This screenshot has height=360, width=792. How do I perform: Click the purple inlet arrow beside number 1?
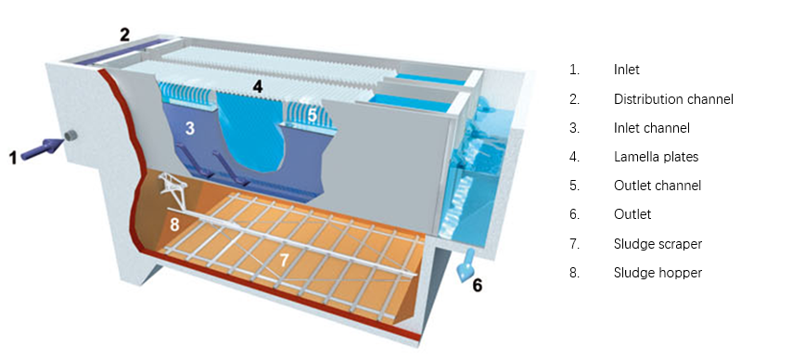point(42,148)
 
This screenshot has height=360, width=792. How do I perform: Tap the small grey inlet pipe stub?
point(70,135)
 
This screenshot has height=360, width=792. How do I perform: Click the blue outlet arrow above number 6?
point(466,264)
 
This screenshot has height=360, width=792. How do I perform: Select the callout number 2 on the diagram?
point(125,34)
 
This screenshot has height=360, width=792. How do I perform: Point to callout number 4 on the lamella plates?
point(258,86)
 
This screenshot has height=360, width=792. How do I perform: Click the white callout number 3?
point(190,128)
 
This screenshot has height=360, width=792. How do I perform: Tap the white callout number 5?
point(313,115)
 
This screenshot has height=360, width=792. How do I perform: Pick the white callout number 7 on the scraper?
point(284,260)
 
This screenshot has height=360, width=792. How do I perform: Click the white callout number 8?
point(174,225)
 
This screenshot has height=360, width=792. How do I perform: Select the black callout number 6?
point(478,286)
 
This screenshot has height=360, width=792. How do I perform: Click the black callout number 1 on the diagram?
point(14,158)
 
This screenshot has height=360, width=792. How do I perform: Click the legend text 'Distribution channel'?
point(673,99)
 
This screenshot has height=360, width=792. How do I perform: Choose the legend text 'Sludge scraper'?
point(658,244)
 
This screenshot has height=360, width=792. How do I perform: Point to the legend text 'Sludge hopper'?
point(658,273)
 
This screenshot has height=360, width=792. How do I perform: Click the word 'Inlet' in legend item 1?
point(626,70)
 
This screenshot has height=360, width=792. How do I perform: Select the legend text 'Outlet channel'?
point(658,186)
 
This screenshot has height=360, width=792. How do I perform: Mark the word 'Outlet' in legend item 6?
point(632,214)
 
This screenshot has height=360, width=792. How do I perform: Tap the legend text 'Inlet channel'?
point(652,128)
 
